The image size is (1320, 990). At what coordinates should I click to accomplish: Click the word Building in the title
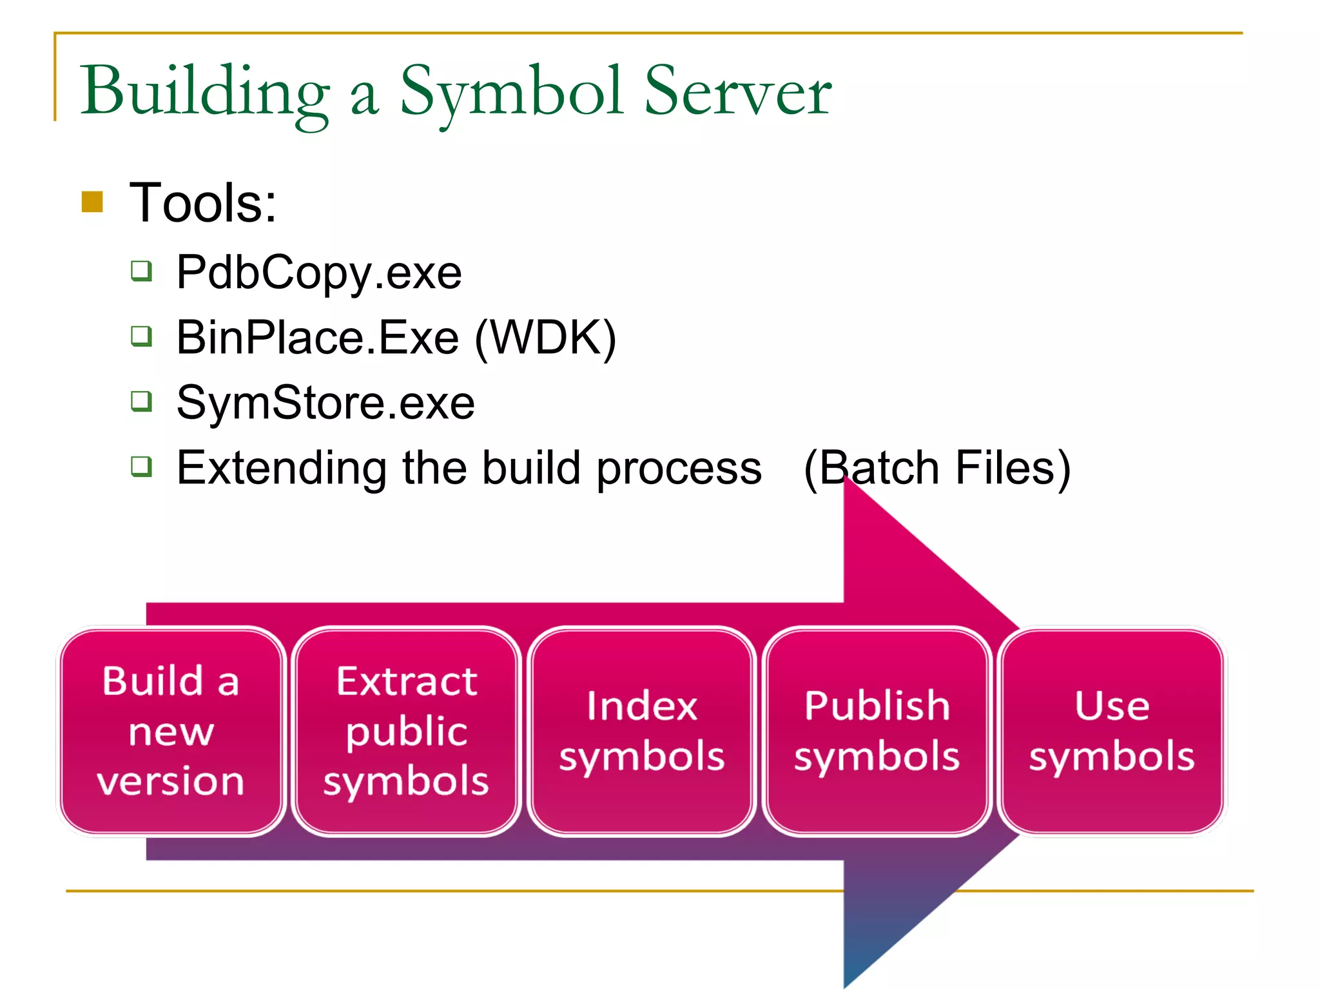coord(205,92)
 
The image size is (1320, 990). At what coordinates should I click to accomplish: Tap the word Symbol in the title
coord(511,92)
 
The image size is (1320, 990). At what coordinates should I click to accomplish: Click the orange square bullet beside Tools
coord(93,202)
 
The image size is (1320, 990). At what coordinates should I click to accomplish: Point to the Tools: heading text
coord(203,203)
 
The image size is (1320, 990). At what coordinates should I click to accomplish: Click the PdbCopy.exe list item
coord(319,273)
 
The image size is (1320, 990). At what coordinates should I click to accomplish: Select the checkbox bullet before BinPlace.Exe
coord(141,336)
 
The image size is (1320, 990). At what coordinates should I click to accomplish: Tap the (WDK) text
coord(545,338)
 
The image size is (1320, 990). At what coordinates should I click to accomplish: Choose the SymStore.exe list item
coord(325,403)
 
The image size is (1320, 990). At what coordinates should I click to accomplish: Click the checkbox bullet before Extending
coord(141,466)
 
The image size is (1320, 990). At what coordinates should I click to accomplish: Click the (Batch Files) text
coord(937,468)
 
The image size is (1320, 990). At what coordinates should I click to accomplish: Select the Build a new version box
coord(171,731)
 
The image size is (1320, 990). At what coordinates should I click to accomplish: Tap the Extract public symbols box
coord(406,731)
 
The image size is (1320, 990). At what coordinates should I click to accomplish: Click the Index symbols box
coord(641,731)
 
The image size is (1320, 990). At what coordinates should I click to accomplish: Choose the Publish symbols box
coord(877,731)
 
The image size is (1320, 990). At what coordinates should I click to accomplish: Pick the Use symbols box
coord(1112,731)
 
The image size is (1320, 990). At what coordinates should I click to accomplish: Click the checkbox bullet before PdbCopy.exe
coord(141,271)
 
